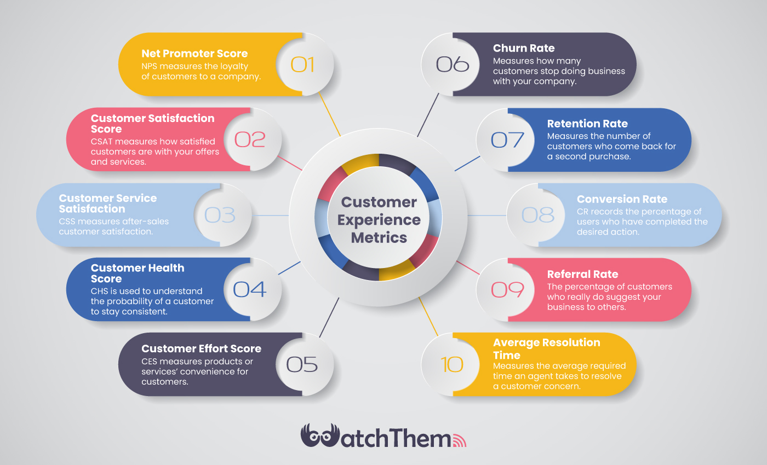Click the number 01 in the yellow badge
click(302, 65)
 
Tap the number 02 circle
click(253, 139)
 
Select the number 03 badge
click(223, 215)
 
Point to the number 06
click(453, 65)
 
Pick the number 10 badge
click(450, 364)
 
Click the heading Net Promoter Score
click(194, 54)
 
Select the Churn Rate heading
click(524, 48)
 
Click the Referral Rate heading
click(582, 274)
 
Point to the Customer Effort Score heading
click(202, 349)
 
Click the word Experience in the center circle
click(379, 220)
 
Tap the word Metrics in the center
click(379, 237)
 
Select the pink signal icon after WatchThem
click(460, 440)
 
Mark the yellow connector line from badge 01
click(330, 114)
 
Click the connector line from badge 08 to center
click(487, 216)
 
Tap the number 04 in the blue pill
click(250, 289)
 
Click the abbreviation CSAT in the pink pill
click(102, 142)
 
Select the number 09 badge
click(505, 289)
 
